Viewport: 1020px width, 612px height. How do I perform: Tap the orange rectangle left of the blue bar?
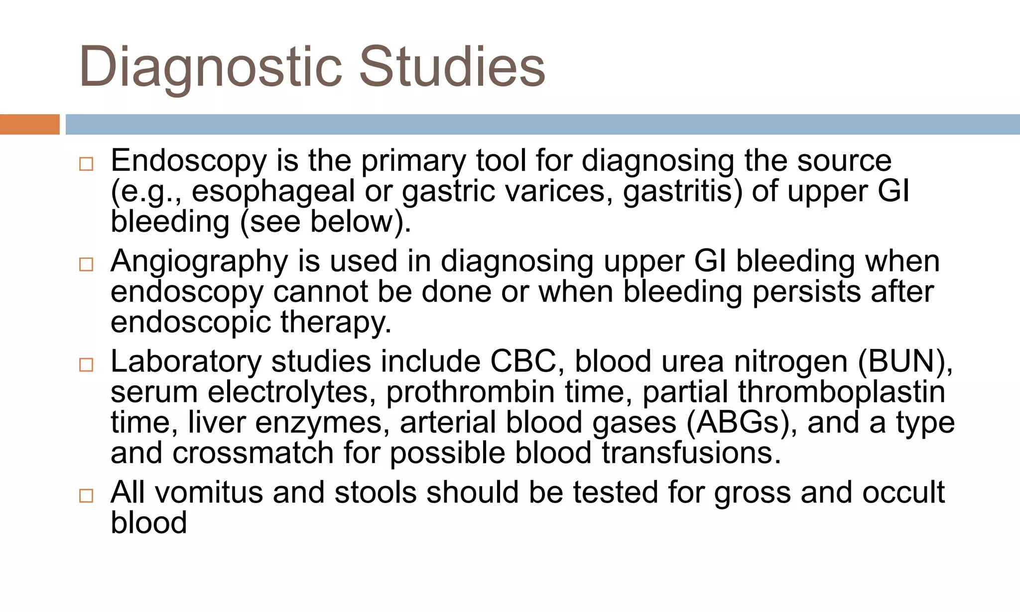point(29,124)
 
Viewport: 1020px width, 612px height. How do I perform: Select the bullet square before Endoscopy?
point(86,164)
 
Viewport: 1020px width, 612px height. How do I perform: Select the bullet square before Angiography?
point(86,264)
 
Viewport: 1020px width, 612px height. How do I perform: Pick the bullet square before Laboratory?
point(86,365)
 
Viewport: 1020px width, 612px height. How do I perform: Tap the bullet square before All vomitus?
point(86,495)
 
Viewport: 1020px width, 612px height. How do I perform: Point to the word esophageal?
point(273,192)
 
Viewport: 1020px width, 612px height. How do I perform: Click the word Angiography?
point(199,261)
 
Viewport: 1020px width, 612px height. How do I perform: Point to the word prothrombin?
point(470,392)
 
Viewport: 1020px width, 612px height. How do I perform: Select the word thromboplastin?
point(842,392)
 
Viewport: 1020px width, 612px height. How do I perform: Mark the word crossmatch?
point(253,453)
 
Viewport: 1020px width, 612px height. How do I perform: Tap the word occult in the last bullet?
point(903,492)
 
